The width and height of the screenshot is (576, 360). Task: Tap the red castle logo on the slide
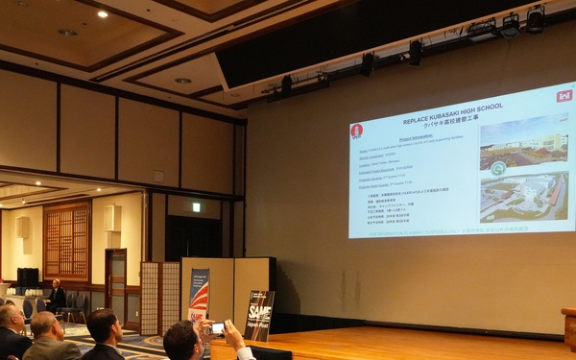click(356, 130)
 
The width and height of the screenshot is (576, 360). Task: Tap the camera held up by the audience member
click(217, 328)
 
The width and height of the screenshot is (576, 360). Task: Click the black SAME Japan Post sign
click(258, 315)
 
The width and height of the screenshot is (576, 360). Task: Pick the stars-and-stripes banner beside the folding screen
click(198, 293)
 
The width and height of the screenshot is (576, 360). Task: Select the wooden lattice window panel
click(66, 241)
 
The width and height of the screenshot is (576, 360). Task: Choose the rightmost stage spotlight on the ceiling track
click(535, 18)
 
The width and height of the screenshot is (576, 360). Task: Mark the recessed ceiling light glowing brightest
click(102, 14)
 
